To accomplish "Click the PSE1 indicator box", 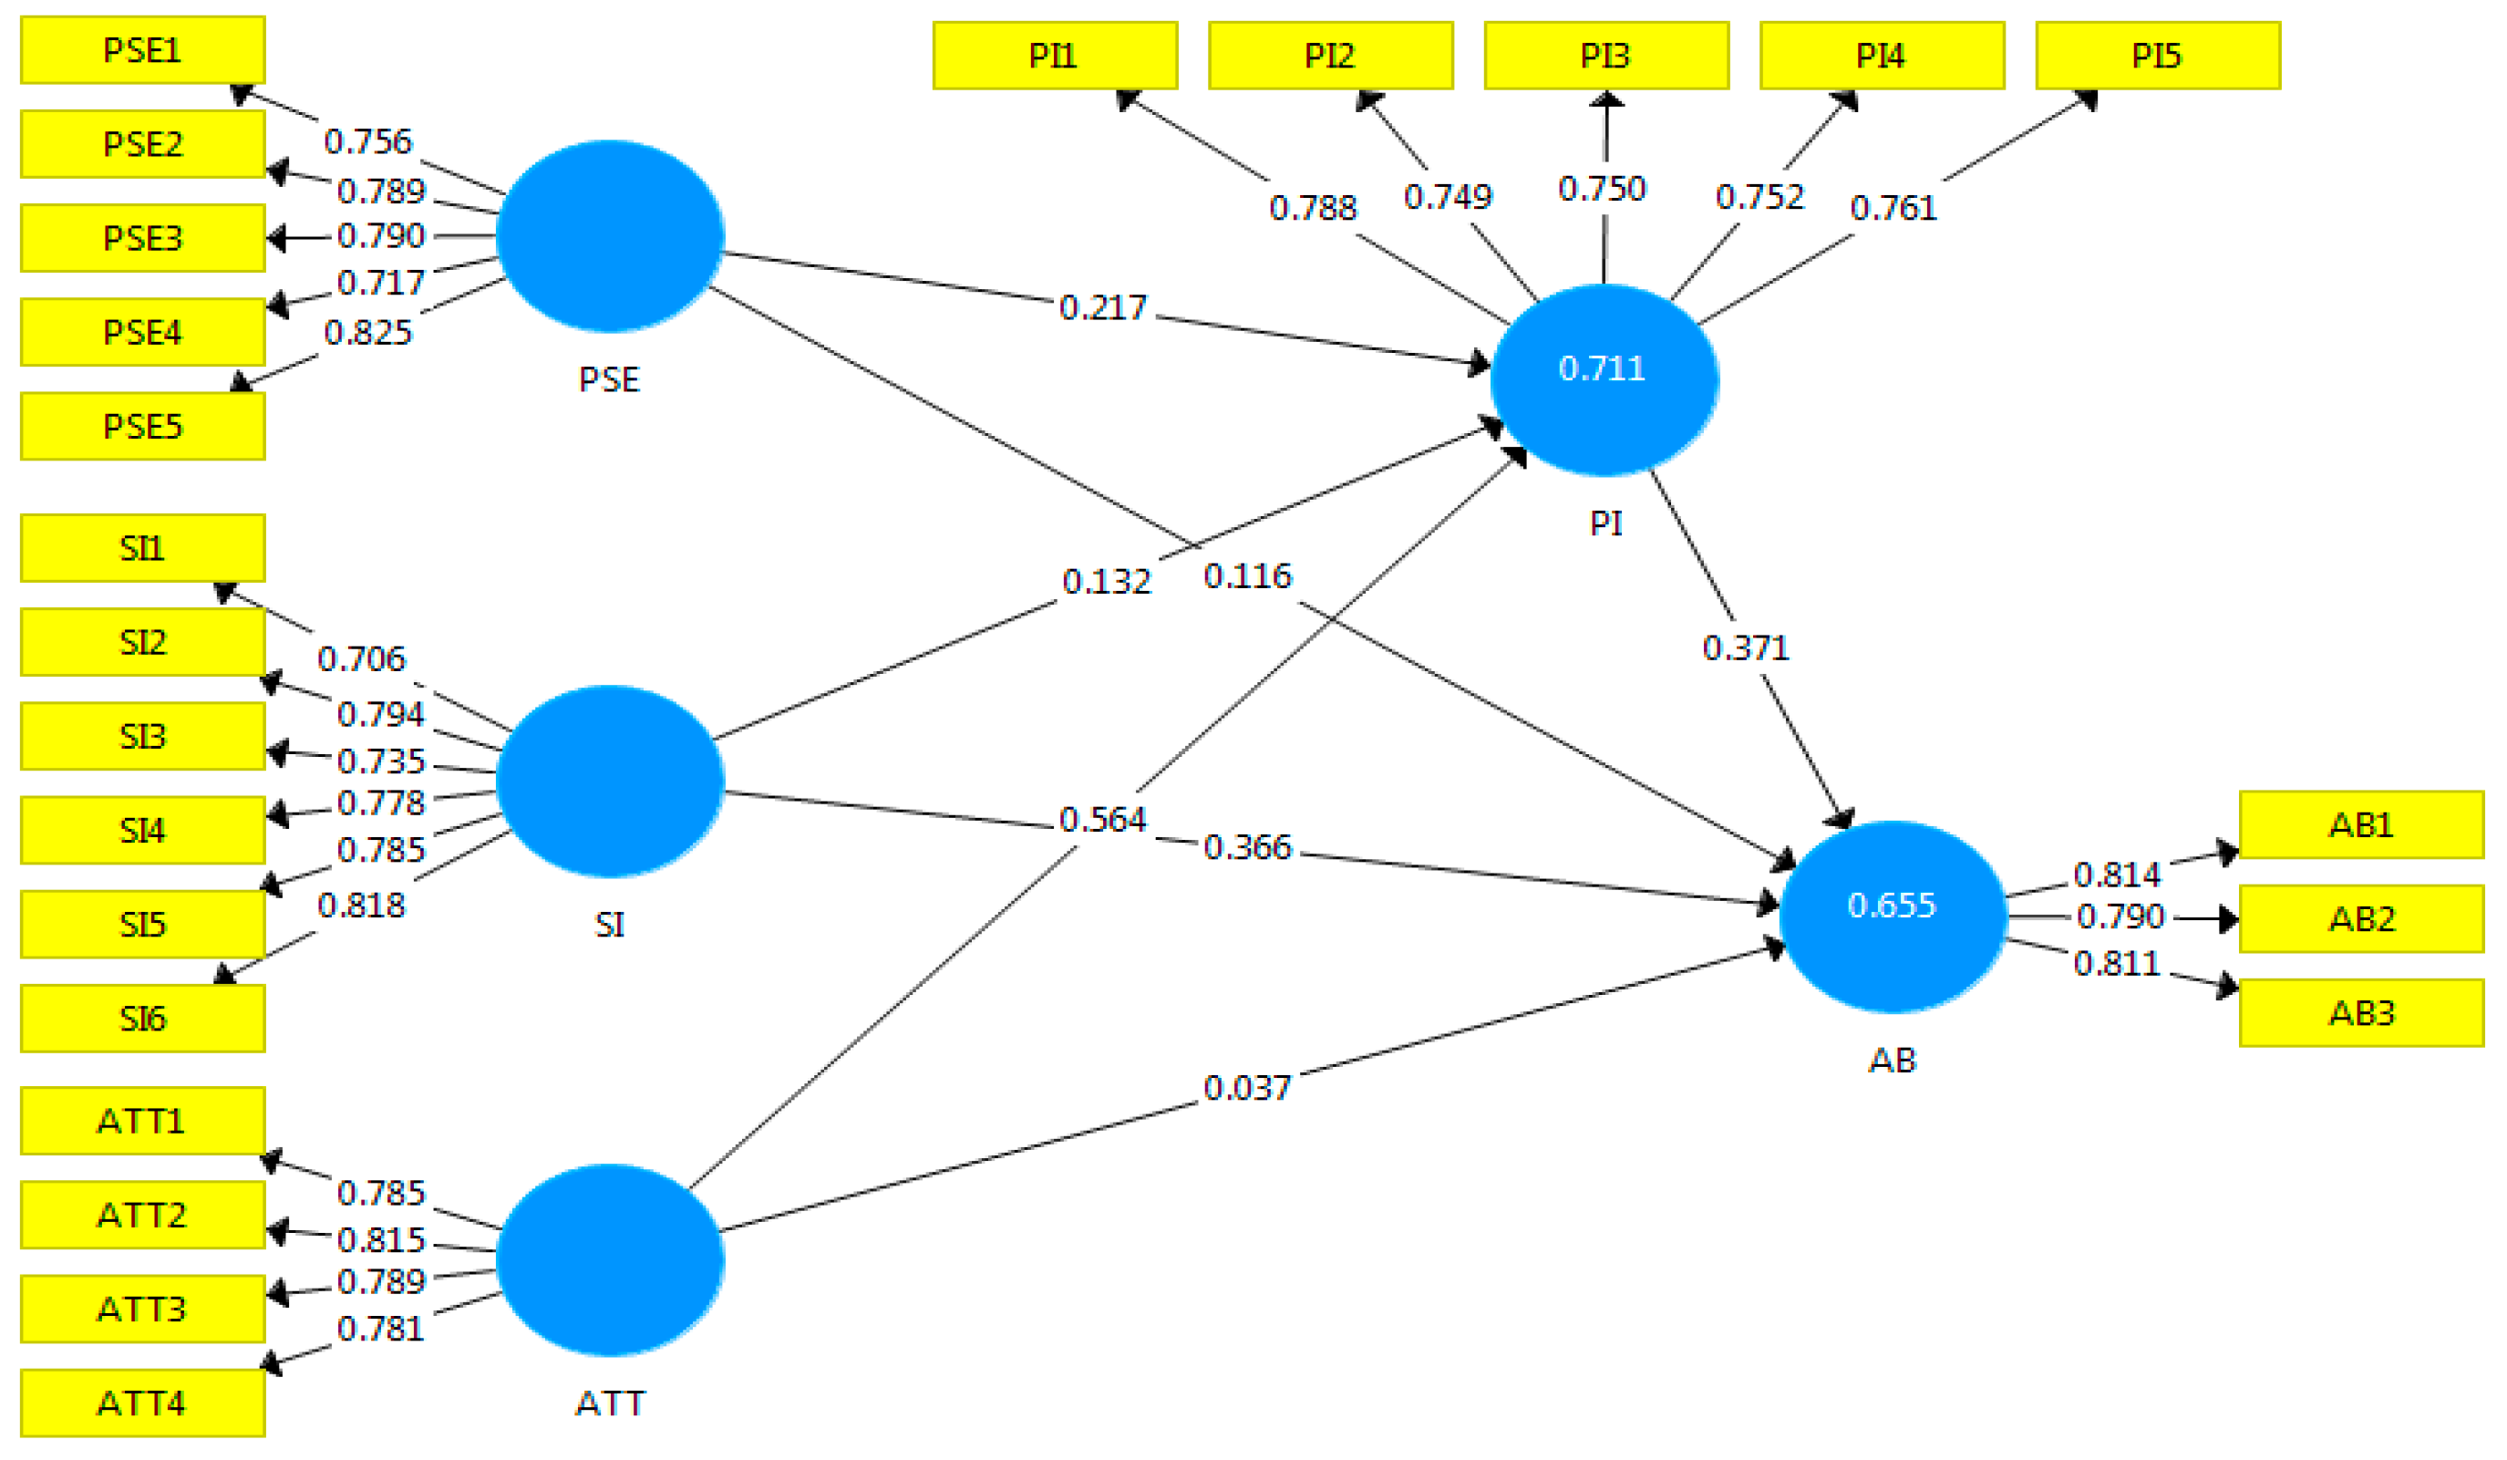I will coord(142,50).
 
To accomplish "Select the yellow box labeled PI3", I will coord(1604,56).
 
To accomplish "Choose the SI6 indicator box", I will coord(142,1018).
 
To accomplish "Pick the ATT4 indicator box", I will coord(142,1403).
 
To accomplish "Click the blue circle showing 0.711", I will coord(1603,380).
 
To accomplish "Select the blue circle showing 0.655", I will coord(1892,916).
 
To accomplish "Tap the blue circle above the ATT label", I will coord(609,1259).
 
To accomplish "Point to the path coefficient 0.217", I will coord(1102,307).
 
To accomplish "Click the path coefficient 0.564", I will coord(1102,819).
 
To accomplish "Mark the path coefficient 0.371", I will coord(1745,647).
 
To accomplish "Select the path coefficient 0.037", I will coord(1246,1088).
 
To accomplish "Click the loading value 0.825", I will coord(367,333).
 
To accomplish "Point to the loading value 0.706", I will coord(361,658).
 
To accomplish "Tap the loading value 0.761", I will coord(1893,208).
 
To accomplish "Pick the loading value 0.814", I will coord(2116,875).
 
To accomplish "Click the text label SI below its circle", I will coord(609,925).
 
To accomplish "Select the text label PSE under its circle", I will coord(609,379).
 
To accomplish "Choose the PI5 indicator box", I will coord(2157,56).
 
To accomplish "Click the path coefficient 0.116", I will coord(1246,575).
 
